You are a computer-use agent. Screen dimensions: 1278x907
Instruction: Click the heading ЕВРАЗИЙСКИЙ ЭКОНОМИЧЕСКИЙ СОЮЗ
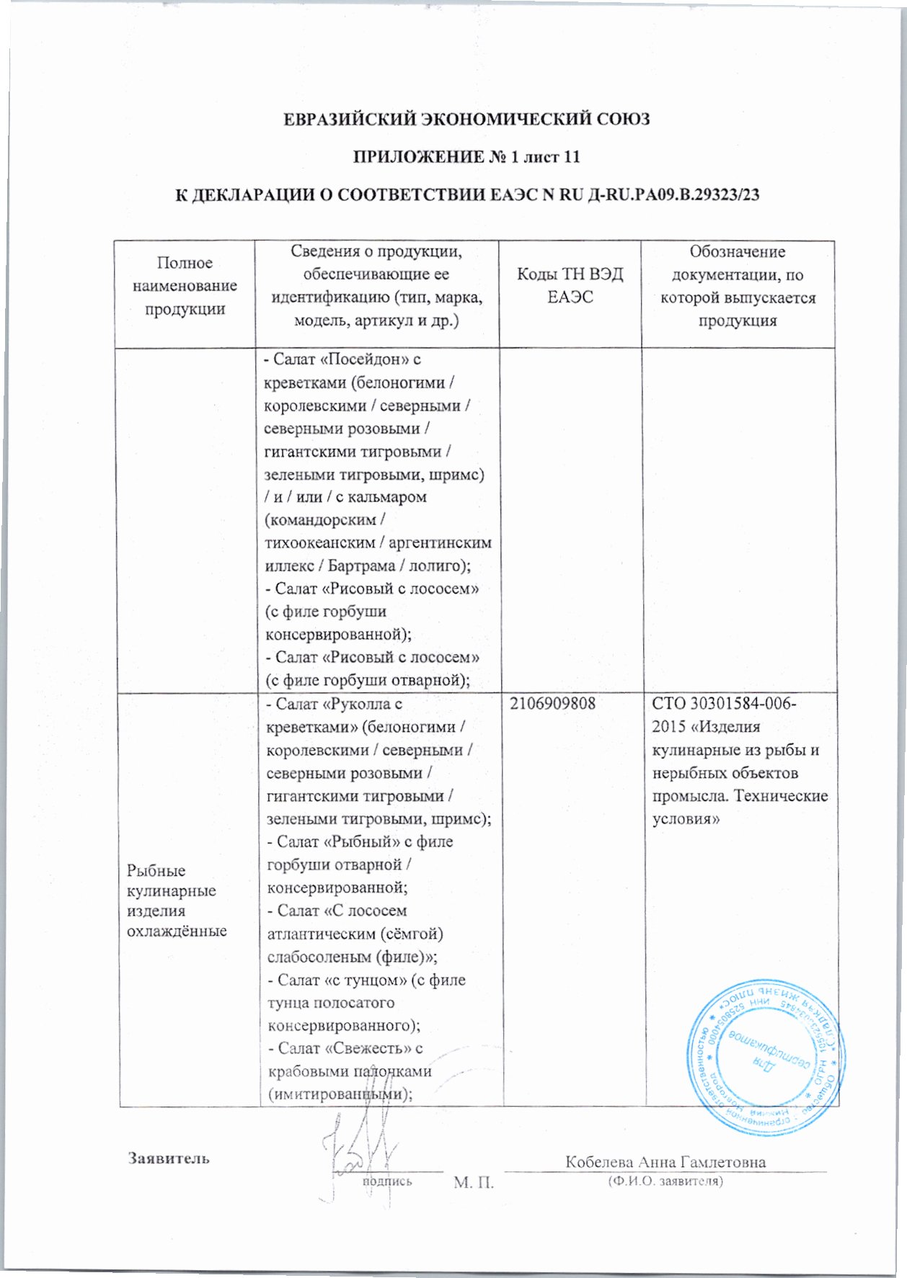(466, 119)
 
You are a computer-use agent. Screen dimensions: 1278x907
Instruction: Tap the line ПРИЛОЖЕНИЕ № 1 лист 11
(466, 157)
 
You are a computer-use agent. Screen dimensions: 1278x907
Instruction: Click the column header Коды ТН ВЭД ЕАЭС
(570, 285)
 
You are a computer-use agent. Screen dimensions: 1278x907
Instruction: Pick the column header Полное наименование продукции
(185, 286)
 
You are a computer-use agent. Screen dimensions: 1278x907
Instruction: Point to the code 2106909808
(553, 704)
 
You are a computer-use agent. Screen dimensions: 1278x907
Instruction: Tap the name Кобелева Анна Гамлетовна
(665, 1161)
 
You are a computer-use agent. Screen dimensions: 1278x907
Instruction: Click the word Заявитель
(169, 1158)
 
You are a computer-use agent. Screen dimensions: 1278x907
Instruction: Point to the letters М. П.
(474, 1182)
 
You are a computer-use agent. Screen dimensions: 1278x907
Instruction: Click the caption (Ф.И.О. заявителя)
(665, 1181)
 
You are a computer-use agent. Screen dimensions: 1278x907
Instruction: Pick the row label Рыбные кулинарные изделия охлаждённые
(176, 901)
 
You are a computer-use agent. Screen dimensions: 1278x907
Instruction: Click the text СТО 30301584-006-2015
(724, 715)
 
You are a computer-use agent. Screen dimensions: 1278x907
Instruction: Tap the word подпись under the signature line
(387, 1181)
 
